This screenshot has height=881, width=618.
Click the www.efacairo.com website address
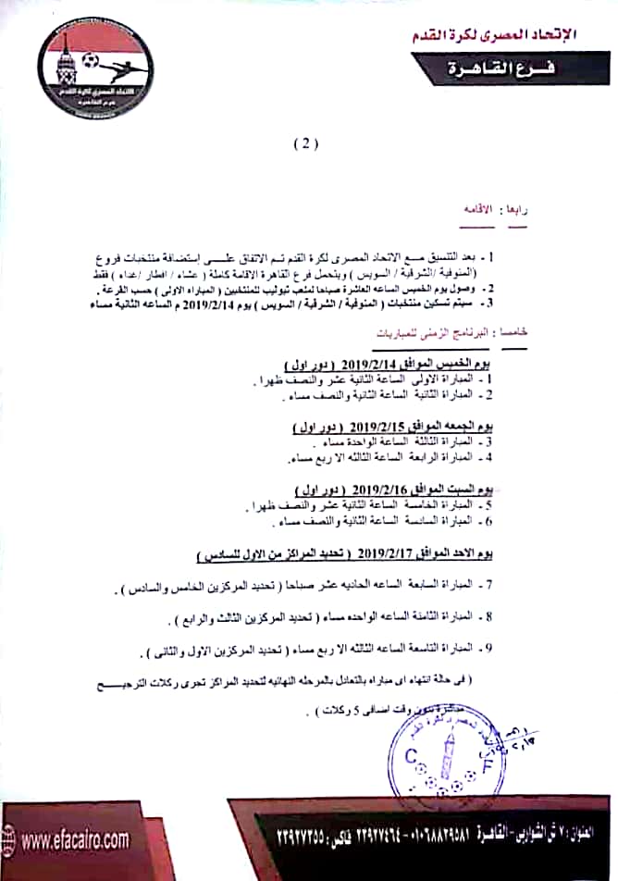(76, 840)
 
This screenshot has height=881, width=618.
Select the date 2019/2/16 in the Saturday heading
(379, 490)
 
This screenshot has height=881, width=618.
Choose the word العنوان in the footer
(588, 833)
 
